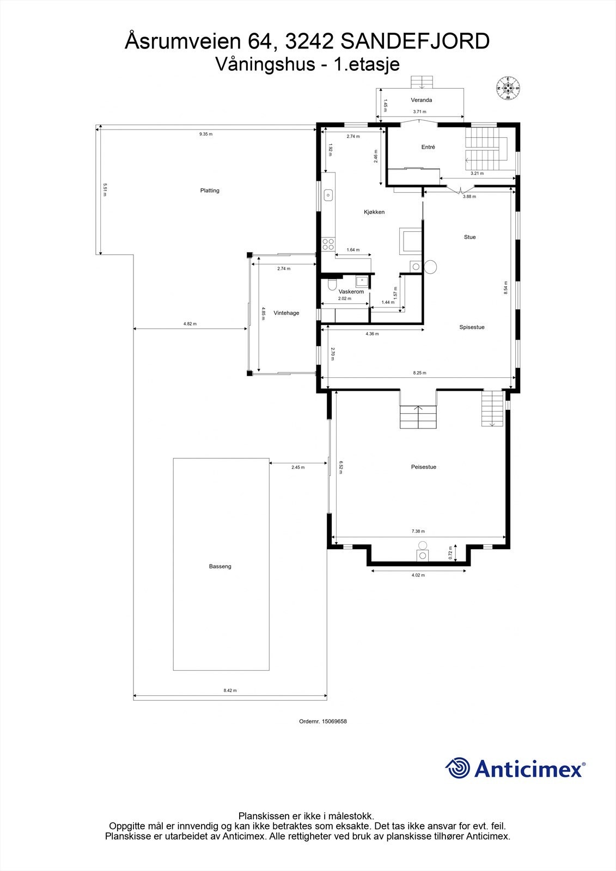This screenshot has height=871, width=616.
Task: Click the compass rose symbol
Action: tap(508, 88)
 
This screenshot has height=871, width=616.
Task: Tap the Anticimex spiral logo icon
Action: tap(458, 768)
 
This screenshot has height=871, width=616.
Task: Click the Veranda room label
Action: tap(422, 100)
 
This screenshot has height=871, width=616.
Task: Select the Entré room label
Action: tap(428, 147)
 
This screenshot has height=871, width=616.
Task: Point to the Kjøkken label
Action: tap(374, 212)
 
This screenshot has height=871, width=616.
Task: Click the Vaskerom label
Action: tap(351, 292)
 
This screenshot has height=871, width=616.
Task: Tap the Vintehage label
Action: tap(286, 313)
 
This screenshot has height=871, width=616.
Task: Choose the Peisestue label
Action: tap(424, 467)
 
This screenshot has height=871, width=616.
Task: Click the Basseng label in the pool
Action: tap(220, 567)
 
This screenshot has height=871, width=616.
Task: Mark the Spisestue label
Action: tap(472, 327)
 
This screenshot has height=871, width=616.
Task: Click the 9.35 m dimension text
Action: tap(206, 134)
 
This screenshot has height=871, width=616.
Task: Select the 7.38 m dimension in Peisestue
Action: tap(418, 531)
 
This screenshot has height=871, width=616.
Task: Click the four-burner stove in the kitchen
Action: tap(328, 244)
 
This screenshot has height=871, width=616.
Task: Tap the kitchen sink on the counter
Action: tap(328, 195)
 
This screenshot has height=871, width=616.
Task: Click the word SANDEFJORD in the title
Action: tap(415, 41)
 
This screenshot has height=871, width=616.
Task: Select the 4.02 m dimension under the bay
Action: tap(418, 575)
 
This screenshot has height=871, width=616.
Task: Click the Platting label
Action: tap(210, 191)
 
